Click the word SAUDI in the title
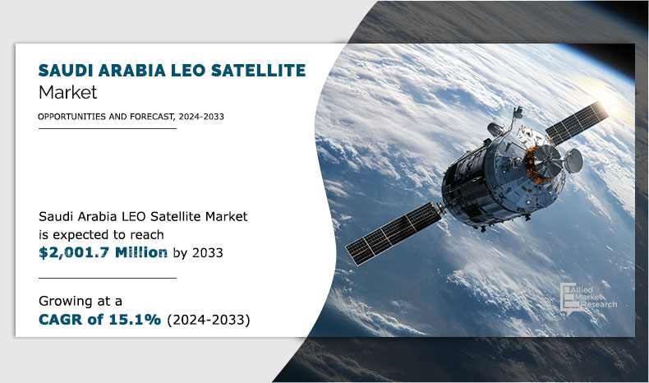[x=66, y=71]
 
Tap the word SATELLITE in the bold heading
[x=259, y=71]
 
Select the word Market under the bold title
[x=67, y=92]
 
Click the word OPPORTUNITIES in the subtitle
[x=72, y=117]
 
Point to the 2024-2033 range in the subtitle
[x=201, y=117]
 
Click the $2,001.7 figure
[x=74, y=252]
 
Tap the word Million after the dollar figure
[x=141, y=252]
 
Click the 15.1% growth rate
[x=135, y=320]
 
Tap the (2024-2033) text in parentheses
[x=209, y=320]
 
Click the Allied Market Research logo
[x=588, y=298]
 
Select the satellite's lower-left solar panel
[x=394, y=233]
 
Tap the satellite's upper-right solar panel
[x=577, y=122]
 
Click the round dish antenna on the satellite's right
[x=573, y=160]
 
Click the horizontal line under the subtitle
[x=108, y=129]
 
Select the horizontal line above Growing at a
[x=108, y=279]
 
